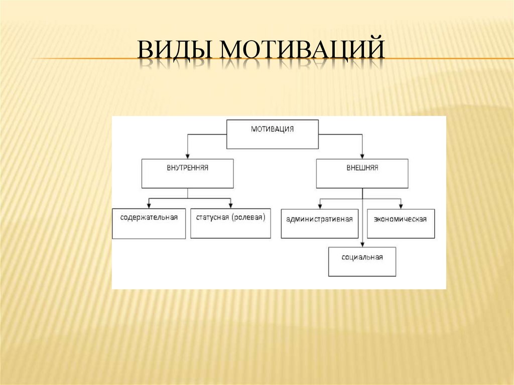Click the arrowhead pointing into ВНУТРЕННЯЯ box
pos(188,156)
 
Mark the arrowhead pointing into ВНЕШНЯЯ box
pos(362,156)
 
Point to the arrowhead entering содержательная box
pos(149,206)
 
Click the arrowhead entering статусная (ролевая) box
pos(230,206)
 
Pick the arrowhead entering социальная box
pos(362,244)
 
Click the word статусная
pos(212,217)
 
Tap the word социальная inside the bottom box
pos(362,257)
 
